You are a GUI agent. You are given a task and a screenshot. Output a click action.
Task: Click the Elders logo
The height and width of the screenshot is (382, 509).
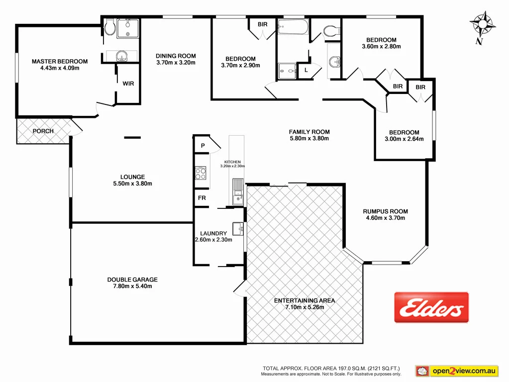(431, 307)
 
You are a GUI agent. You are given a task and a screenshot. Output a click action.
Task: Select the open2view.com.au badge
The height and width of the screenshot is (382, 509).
(457, 371)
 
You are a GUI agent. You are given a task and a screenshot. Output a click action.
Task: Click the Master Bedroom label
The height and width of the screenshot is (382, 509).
(60, 62)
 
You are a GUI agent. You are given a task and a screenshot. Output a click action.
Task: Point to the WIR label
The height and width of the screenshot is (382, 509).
(128, 84)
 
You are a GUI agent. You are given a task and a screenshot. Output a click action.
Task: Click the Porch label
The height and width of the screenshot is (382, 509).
(43, 131)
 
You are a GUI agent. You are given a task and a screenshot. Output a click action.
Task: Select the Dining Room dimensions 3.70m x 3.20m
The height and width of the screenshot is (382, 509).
(176, 63)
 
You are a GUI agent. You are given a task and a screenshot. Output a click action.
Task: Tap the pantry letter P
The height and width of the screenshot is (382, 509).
(203, 146)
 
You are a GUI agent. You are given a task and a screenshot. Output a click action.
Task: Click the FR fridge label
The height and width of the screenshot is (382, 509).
(203, 198)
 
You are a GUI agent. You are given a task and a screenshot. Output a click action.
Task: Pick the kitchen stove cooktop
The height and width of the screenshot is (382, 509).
(201, 173)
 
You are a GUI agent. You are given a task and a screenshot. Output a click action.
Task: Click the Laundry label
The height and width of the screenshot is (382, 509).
(213, 233)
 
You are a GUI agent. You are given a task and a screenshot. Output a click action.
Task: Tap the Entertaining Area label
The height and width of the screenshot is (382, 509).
(305, 300)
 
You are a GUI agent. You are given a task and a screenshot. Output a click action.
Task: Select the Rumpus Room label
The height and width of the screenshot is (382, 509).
(386, 211)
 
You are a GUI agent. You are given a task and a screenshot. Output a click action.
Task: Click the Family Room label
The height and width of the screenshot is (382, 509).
(309, 132)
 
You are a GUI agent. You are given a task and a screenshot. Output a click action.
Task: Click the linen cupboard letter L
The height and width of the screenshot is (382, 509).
(305, 70)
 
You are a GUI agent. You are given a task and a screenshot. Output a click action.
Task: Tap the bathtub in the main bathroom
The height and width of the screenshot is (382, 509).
(293, 26)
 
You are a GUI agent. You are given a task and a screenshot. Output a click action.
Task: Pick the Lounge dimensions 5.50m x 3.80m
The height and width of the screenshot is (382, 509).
(133, 184)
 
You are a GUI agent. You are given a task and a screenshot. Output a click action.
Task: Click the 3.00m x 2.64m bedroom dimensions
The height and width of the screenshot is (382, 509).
(404, 139)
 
